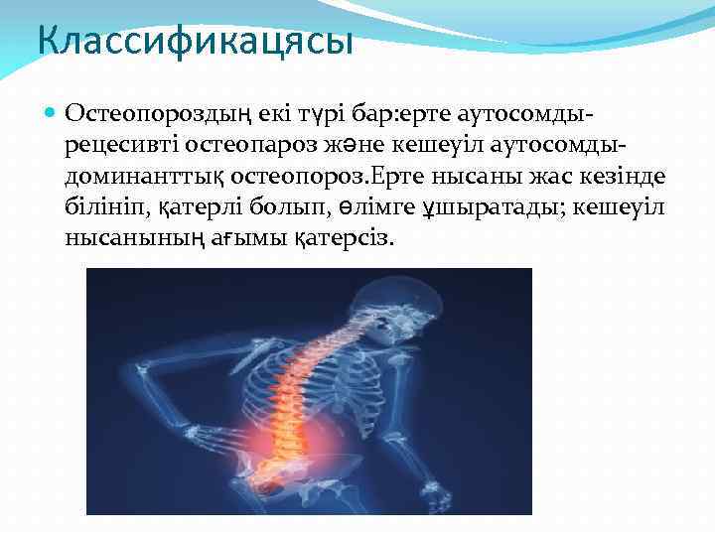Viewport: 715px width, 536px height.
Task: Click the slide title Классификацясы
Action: click(x=195, y=43)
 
